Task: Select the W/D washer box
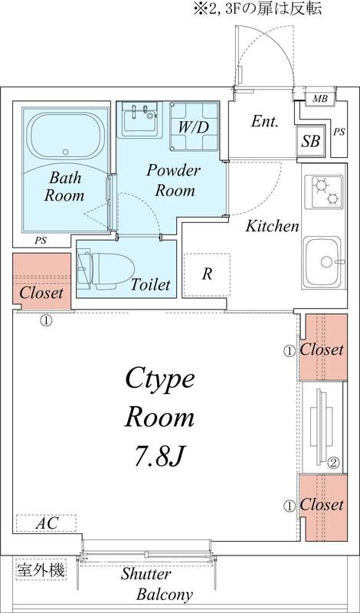[190, 125]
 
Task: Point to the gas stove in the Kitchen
[325, 192]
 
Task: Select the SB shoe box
[310, 141]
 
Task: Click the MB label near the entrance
[319, 100]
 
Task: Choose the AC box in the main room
[45, 524]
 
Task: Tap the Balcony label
[165, 595]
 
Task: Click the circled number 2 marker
[334, 462]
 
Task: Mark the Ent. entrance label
[264, 122]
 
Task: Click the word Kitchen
[271, 226]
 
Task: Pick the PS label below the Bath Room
[40, 241]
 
